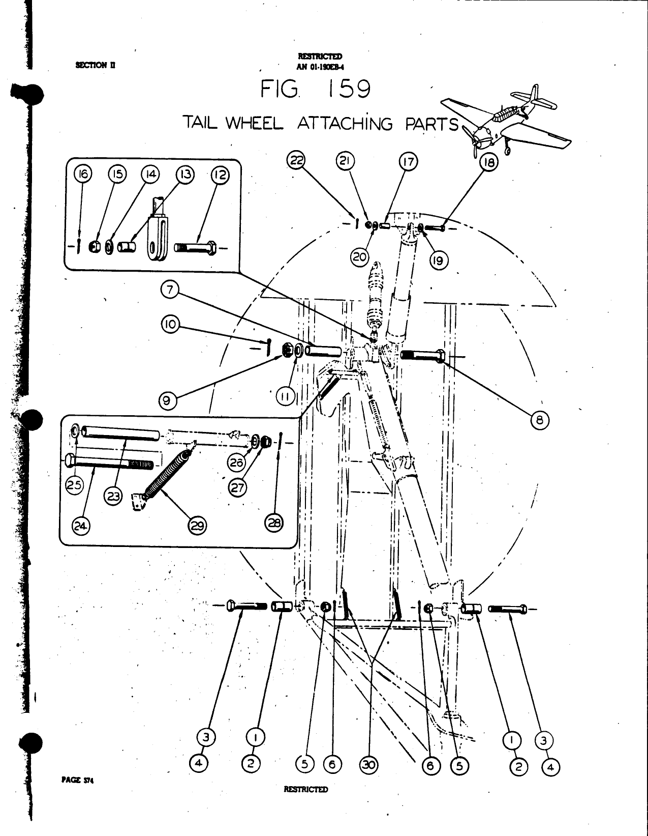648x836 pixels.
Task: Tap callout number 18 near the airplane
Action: click(490, 163)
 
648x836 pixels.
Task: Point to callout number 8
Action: click(540, 420)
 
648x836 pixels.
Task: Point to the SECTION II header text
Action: click(96, 65)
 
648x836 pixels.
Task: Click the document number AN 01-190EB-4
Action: click(320, 66)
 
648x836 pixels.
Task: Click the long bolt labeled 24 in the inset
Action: click(109, 463)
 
